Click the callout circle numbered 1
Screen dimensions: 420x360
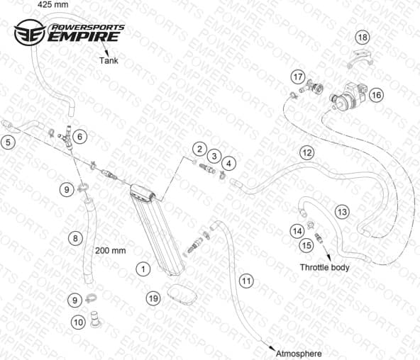[x=143, y=269]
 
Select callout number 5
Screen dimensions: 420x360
[x=8, y=142]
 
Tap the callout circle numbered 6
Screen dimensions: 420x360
[x=80, y=137]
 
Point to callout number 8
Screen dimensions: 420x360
[x=75, y=238]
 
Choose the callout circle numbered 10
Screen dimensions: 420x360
[x=78, y=322]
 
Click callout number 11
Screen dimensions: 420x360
[x=246, y=281]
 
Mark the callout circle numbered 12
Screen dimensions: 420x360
[x=307, y=153]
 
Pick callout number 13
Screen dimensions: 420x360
[x=342, y=212]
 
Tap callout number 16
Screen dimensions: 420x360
[x=376, y=95]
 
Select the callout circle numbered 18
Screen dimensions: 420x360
[x=363, y=37]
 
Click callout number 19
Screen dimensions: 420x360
[x=153, y=298]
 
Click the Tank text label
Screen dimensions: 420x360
[x=109, y=60]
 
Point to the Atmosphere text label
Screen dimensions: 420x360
[x=299, y=354]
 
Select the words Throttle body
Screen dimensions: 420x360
[x=324, y=267]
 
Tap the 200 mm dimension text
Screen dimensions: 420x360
[x=111, y=250]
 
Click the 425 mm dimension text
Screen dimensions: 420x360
[x=52, y=4]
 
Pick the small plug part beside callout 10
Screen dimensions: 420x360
[x=95, y=319]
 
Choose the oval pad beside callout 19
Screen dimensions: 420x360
[x=182, y=295]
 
